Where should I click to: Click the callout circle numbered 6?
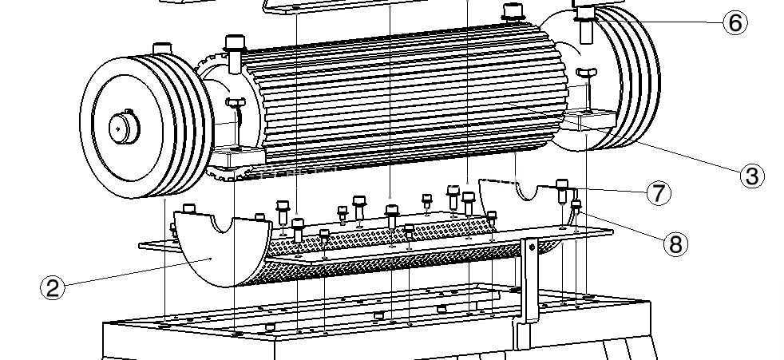point(735,23)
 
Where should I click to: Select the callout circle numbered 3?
point(752,176)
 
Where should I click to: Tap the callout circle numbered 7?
point(659,193)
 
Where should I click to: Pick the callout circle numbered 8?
point(675,244)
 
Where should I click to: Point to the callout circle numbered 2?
point(53,288)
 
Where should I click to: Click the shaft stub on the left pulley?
point(124,127)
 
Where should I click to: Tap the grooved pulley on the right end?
point(625,77)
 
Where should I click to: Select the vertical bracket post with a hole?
point(529,280)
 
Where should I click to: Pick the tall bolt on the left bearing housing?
point(235,53)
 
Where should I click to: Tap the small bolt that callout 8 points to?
point(576,206)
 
